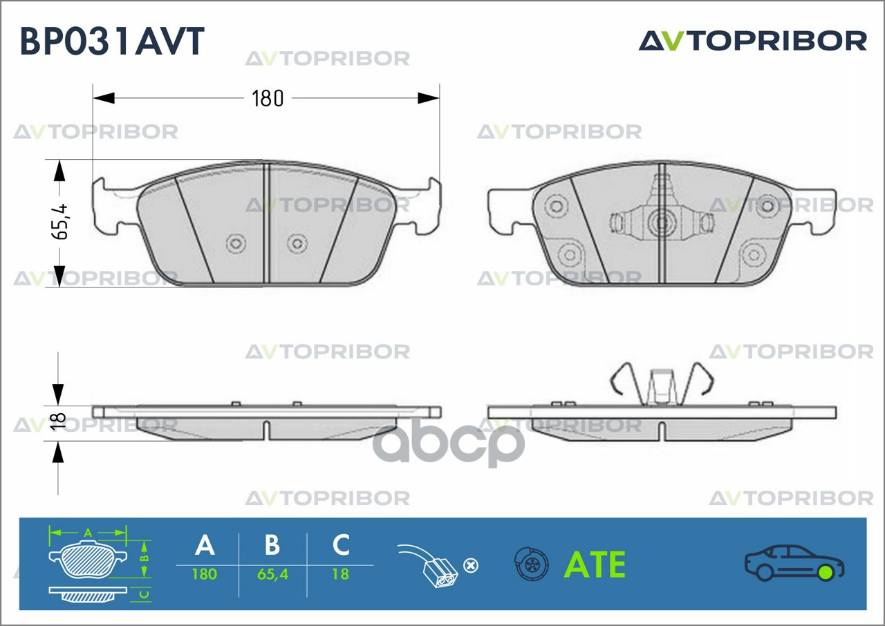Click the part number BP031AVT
tap(112, 41)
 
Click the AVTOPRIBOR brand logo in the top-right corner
tap(753, 41)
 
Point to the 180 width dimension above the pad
tap(268, 98)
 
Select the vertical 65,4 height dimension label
tap(60, 222)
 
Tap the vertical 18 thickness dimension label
tap(59, 421)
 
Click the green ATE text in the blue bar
tap(595, 565)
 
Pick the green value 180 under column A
tap(205, 574)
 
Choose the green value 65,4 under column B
tap(272, 574)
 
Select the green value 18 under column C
tap(341, 574)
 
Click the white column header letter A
tap(205, 544)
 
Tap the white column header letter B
tap(272, 544)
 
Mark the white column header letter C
tap(341, 544)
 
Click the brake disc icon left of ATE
tap(531, 564)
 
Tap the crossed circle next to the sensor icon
tap(471, 566)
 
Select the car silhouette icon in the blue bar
tap(794, 563)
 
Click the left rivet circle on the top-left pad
tap(236, 243)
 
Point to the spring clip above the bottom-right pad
tap(662, 384)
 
